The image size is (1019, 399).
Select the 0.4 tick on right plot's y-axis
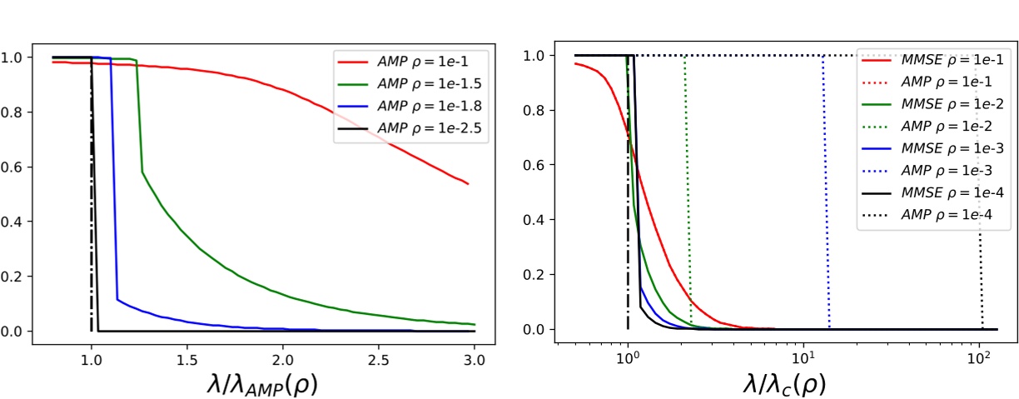tap(541, 220)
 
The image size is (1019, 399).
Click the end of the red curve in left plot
tap(469, 184)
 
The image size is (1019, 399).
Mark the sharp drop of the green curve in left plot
tap(139, 117)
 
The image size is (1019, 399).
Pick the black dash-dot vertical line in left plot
tap(91, 208)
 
